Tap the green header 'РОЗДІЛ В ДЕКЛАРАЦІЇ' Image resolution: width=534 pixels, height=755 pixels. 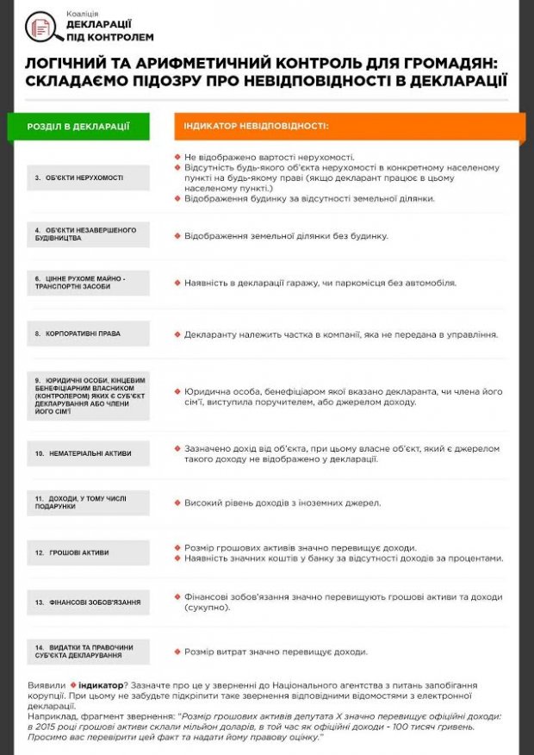78,127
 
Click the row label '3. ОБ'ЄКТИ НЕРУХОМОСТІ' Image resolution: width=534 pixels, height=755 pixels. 78,178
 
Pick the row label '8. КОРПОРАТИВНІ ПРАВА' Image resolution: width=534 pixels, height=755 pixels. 78,334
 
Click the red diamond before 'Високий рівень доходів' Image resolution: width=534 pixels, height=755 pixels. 177,502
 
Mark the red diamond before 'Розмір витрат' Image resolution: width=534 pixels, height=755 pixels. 177,652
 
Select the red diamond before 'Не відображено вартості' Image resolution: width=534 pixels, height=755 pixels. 177,158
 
